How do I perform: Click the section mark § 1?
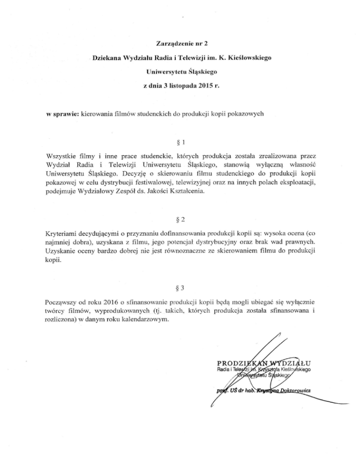(180, 141)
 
